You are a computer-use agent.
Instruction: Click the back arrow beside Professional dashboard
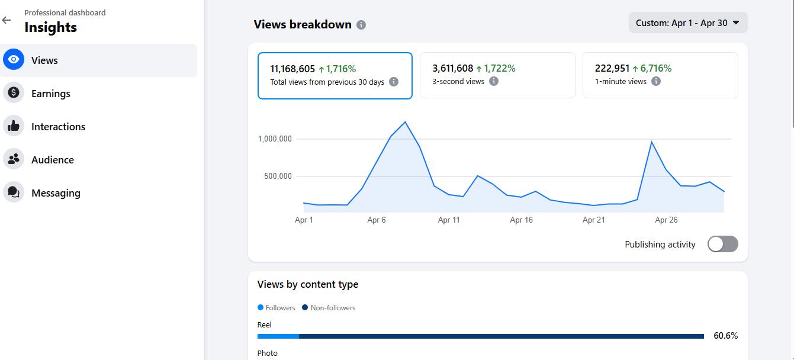(x=7, y=20)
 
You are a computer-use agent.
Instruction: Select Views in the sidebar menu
(x=44, y=60)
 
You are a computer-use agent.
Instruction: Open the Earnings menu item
(x=50, y=94)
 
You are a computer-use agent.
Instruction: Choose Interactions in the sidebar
(x=58, y=127)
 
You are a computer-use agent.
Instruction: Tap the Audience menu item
(x=52, y=160)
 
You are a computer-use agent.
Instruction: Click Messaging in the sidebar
(x=56, y=193)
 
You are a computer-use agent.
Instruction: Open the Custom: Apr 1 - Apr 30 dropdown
(x=687, y=23)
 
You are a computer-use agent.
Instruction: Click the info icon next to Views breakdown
(x=361, y=25)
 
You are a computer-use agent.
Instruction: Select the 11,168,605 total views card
(x=335, y=75)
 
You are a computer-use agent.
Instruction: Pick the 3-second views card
(x=497, y=75)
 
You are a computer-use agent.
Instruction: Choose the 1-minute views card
(x=660, y=75)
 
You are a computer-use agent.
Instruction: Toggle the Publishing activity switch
(x=722, y=244)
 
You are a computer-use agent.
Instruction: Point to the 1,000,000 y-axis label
(x=275, y=139)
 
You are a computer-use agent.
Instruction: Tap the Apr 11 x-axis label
(x=449, y=220)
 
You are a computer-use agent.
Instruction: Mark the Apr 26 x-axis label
(x=666, y=220)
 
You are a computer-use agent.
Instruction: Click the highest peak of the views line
(x=405, y=122)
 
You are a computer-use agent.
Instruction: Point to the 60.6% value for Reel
(x=725, y=336)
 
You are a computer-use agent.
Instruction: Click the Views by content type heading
(x=307, y=284)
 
